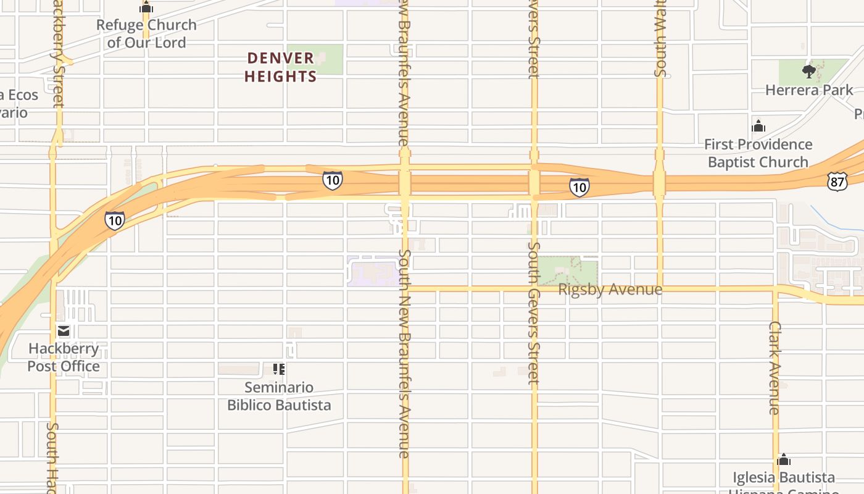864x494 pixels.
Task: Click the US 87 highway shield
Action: [837, 181]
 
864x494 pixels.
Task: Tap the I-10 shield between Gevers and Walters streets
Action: [579, 187]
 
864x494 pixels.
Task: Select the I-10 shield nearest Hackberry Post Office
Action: [114, 220]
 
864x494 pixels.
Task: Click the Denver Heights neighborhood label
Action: [281, 67]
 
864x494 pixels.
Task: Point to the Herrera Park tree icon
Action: [808, 72]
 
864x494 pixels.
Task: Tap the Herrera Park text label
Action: [809, 90]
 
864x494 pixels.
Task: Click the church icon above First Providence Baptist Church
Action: [758, 127]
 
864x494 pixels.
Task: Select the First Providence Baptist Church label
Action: [758, 153]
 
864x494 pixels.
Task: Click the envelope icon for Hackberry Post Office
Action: [64, 330]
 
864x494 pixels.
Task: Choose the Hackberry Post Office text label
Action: [64, 358]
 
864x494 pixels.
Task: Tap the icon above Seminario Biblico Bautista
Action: [279, 369]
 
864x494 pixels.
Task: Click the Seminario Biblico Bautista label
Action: [279, 396]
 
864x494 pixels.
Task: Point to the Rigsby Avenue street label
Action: [610, 290]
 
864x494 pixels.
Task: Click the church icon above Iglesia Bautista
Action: [784, 460]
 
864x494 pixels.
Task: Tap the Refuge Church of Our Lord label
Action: [146, 34]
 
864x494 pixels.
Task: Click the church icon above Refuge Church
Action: [146, 8]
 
